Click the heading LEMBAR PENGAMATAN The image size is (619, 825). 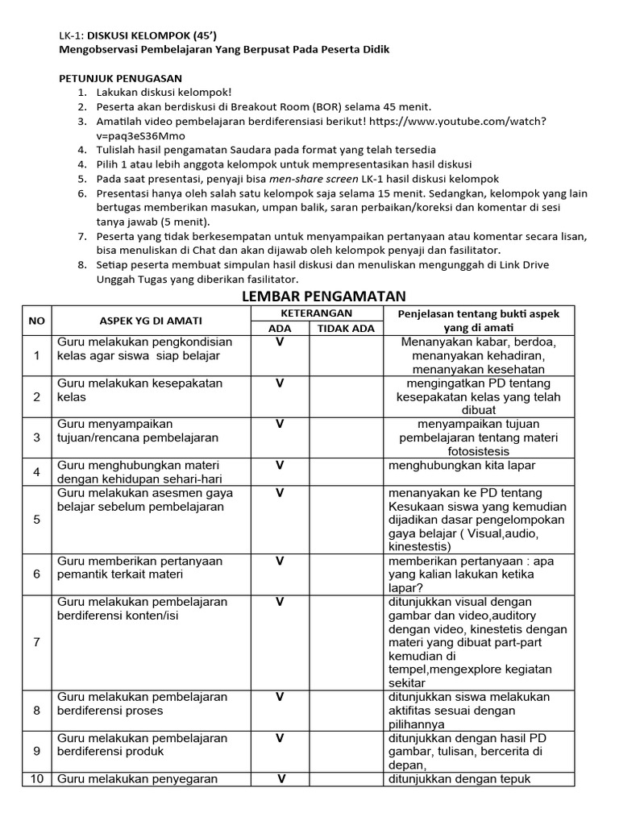pyautogui.click(x=323, y=296)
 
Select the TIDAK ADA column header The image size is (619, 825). pyautogui.click(x=346, y=328)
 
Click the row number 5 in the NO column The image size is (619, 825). pyautogui.click(x=36, y=519)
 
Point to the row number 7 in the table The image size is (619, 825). pyautogui.click(x=36, y=641)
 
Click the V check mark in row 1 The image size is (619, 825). pyautogui.click(x=280, y=342)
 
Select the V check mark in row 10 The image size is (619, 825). pyautogui.click(x=282, y=778)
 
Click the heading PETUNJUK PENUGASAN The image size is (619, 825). pyautogui.click(x=121, y=78)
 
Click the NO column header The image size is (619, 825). pyautogui.click(x=36, y=321)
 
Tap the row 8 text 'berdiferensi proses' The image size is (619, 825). pyautogui.click(x=110, y=711)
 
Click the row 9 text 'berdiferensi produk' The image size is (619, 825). pyautogui.click(x=110, y=752)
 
